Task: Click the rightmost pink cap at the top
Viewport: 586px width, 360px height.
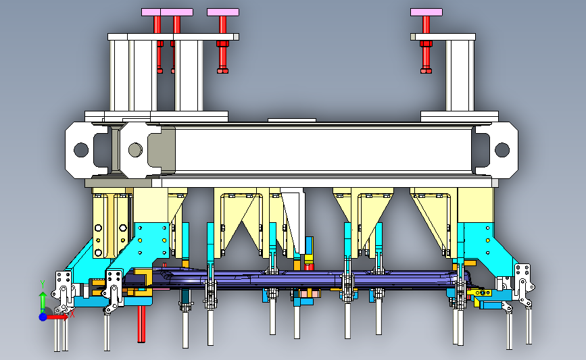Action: click(426, 12)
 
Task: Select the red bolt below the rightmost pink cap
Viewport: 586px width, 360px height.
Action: click(426, 44)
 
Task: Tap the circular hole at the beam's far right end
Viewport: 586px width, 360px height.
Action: click(502, 150)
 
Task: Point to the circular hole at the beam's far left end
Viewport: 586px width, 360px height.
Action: click(81, 150)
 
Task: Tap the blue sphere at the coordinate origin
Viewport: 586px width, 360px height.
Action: click(43, 317)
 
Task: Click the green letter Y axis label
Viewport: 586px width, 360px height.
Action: click(43, 285)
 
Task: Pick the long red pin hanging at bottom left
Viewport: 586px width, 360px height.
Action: click(141, 324)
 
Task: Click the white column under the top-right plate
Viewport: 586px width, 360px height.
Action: click(460, 76)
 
